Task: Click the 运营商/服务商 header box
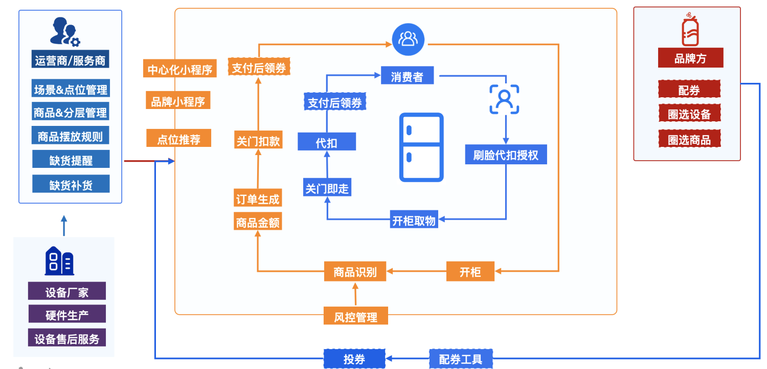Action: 70,60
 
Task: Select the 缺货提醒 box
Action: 71,160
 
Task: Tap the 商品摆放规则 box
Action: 70,137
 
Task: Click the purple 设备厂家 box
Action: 67,292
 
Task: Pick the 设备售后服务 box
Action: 67,338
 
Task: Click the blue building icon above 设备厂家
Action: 59,261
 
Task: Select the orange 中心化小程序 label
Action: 180,69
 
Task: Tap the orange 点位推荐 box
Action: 178,139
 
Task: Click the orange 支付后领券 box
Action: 259,68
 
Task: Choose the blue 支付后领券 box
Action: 334,102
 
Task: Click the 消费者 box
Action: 407,77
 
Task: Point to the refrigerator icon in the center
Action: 421,147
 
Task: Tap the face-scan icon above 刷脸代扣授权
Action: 504,99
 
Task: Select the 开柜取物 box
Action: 414,220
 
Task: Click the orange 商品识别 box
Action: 355,272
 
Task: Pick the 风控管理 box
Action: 356,317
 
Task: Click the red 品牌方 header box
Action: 690,58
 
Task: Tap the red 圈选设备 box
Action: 689,114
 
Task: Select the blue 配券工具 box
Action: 460,359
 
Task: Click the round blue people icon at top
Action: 408,39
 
